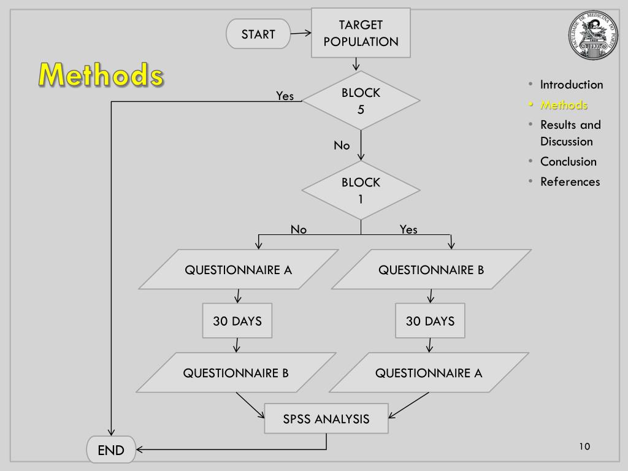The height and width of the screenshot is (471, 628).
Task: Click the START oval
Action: click(258, 34)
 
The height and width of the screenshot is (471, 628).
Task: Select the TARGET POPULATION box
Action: click(361, 33)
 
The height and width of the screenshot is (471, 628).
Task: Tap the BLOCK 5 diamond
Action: click(361, 101)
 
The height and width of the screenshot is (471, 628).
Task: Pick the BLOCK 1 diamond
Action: click(361, 190)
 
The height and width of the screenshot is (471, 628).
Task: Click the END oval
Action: click(110, 450)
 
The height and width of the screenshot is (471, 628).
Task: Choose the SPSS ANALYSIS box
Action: click(326, 419)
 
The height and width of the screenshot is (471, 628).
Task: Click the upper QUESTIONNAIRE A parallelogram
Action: click(239, 269)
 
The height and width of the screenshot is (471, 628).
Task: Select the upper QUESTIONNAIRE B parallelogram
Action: click(431, 269)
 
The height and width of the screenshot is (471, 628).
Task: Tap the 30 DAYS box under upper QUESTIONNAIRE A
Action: click(237, 321)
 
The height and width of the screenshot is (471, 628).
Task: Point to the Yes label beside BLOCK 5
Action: click(285, 96)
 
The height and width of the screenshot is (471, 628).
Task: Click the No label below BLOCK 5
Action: click(342, 145)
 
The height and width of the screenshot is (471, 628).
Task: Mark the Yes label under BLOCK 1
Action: click(408, 229)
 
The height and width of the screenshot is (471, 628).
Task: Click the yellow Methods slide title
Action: click(101, 75)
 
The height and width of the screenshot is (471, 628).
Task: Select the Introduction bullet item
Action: click(571, 85)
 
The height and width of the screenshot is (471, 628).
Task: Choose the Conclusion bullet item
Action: click(568, 161)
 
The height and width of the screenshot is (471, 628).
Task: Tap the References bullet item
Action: click(570, 182)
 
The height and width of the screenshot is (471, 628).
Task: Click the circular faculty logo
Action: click(592, 36)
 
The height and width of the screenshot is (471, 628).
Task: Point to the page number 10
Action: click(584, 446)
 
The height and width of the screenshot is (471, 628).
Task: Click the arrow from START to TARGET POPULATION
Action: click(301, 34)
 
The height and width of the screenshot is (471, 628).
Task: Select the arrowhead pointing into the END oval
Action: click(140, 450)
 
